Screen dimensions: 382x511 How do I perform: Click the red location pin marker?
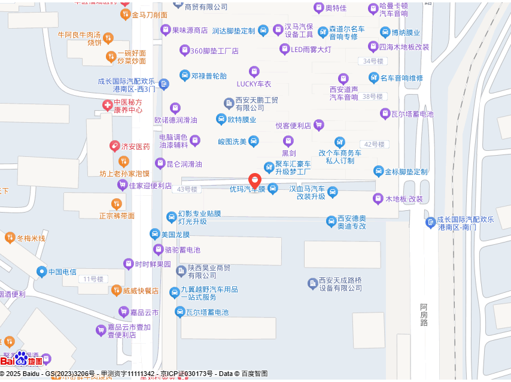(x=254, y=180)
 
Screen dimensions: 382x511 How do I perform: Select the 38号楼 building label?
(x=372, y=96)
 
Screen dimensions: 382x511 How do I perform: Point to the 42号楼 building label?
(x=374, y=144)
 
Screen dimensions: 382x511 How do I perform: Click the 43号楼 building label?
(x=187, y=189)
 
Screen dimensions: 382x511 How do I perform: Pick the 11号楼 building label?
(x=93, y=279)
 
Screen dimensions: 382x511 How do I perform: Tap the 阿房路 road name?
(x=424, y=314)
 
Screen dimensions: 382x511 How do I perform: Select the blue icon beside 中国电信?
(x=41, y=272)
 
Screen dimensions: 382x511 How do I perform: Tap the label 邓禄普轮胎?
(x=209, y=76)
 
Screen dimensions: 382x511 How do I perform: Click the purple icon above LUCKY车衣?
(x=254, y=72)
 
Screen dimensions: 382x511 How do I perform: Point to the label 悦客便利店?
(x=293, y=126)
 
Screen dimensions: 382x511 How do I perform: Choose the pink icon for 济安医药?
(x=114, y=146)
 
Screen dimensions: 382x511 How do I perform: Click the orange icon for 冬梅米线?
(x=10, y=238)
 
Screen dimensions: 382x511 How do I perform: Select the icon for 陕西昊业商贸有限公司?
(x=181, y=271)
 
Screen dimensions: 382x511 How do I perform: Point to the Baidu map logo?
(x=22, y=359)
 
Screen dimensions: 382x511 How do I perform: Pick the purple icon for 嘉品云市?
(x=123, y=312)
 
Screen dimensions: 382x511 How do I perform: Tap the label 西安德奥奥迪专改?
(x=351, y=222)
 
